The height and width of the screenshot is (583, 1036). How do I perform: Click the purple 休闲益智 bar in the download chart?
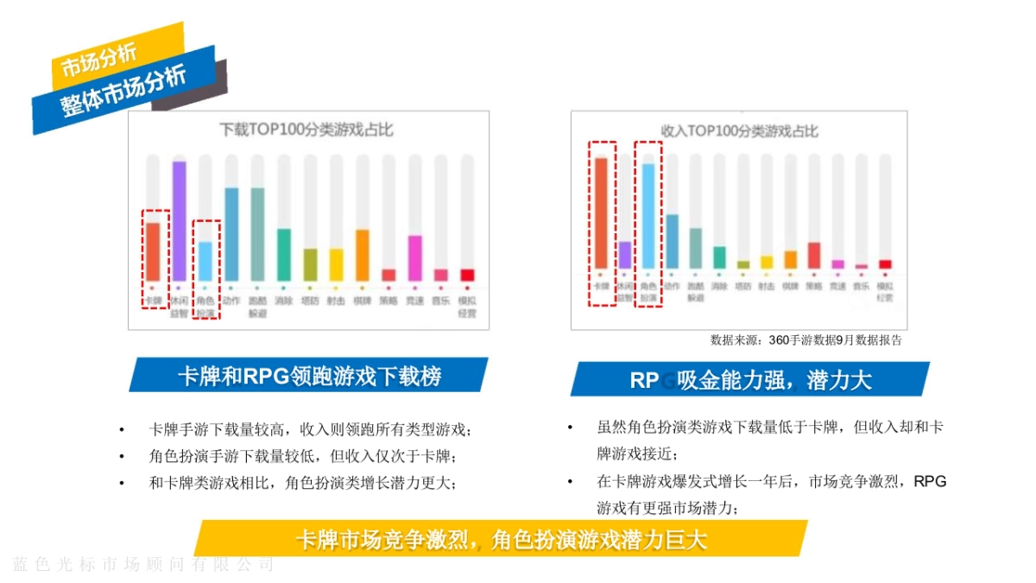click(179, 220)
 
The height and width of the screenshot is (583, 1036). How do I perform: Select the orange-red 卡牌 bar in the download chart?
click(153, 251)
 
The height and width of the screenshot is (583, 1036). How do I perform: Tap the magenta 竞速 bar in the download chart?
click(414, 257)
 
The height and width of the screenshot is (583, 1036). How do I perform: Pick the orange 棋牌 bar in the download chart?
click(362, 255)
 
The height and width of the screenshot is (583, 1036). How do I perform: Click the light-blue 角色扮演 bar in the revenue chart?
click(647, 216)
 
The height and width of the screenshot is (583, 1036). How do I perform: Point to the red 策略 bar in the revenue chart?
click(813, 256)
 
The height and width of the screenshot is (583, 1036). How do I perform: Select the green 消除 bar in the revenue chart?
click(719, 257)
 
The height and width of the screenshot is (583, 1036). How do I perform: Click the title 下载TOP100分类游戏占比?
click(306, 130)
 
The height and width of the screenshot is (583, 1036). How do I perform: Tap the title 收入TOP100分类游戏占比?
click(739, 130)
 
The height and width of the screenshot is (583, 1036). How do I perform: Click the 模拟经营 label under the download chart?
click(466, 307)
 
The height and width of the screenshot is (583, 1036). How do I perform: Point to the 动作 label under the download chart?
click(231, 301)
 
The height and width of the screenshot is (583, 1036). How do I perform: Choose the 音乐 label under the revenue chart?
click(861, 285)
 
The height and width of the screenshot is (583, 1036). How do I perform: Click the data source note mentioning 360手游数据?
click(805, 339)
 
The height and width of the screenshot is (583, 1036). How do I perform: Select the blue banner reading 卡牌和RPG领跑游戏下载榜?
click(308, 376)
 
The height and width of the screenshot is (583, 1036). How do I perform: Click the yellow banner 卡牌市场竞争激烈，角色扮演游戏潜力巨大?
click(501, 539)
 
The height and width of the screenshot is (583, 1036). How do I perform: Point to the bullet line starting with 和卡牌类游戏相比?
click(302, 483)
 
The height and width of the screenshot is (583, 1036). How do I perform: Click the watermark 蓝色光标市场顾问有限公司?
click(143, 565)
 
